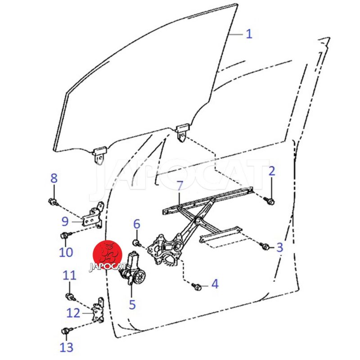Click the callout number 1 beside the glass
[x=249, y=34]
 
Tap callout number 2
[x=272, y=171]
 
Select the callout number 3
[x=279, y=247]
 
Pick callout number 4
[x=215, y=284]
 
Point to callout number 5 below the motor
[x=132, y=304]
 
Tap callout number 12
[x=73, y=313]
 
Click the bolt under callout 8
[x=53, y=202]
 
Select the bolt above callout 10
[x=66, y=235]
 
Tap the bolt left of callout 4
[x=197, y=287]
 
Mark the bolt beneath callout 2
[x=269, y=201]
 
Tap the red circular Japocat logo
[x=107, y=255]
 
